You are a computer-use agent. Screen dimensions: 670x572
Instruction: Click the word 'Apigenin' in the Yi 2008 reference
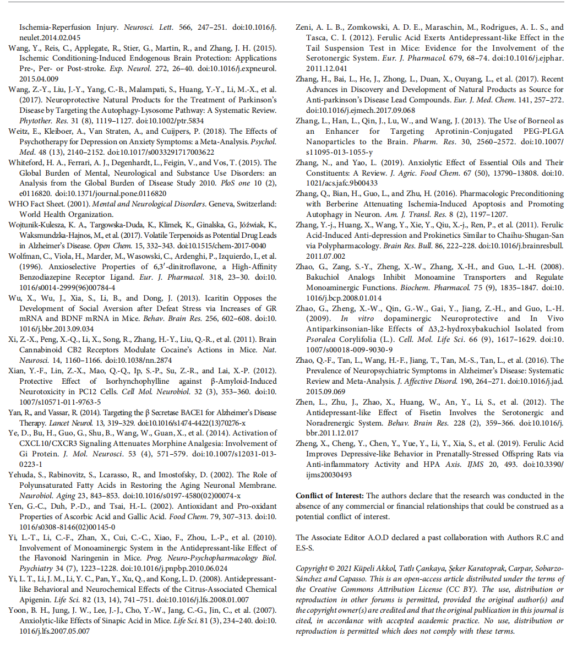click(34, 600)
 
